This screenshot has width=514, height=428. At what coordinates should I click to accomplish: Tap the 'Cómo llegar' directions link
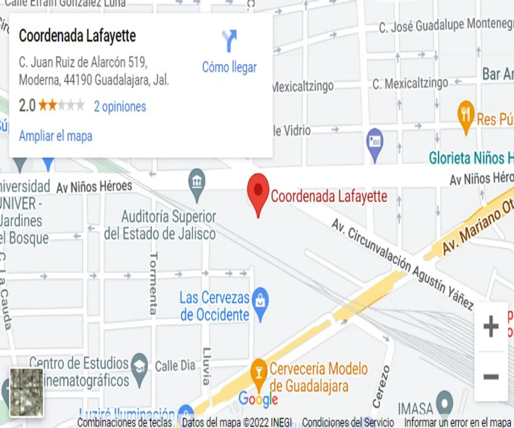coord(229,67)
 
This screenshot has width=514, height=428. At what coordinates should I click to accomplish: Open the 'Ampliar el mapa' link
coord(56,136)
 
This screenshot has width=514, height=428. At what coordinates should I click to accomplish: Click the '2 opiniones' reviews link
coord(120,107)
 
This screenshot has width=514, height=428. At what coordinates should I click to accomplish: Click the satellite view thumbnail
coord(27,392)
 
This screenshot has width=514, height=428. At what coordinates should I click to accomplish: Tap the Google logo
coord(258,399)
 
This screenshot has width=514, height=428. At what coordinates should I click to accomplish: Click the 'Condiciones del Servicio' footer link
coord(348,422)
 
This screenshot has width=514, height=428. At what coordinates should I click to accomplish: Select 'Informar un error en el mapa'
coord(457,422)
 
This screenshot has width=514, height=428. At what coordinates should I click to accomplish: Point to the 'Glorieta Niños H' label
coord(471,158)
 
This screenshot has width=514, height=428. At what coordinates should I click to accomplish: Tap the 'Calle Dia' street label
coord(175,366)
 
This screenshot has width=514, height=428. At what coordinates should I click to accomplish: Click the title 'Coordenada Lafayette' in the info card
coord(78,36)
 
